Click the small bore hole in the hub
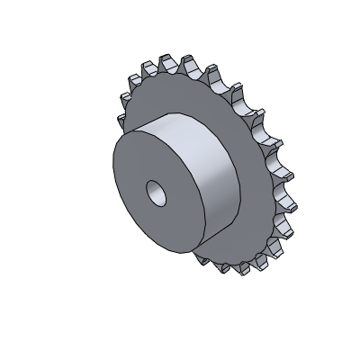coord(157,191)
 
